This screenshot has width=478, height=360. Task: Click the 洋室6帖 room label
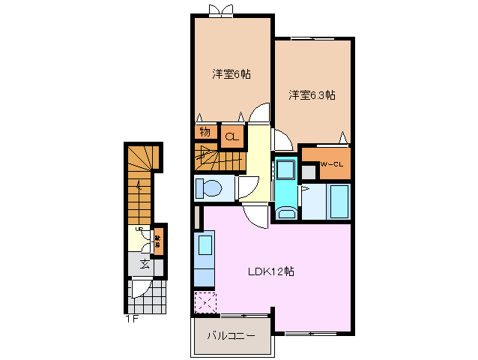pos(231,74)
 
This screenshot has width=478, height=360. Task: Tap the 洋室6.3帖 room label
pos(312,95)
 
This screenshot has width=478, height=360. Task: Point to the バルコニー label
pos(231,335)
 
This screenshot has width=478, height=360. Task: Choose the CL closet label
pos(231,136)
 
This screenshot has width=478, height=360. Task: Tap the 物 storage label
pos(204,133)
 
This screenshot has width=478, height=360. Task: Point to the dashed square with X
pos(205,302)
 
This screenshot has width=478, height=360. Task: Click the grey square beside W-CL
pos(308,171)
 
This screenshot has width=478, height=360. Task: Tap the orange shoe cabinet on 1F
pos(158,240)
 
